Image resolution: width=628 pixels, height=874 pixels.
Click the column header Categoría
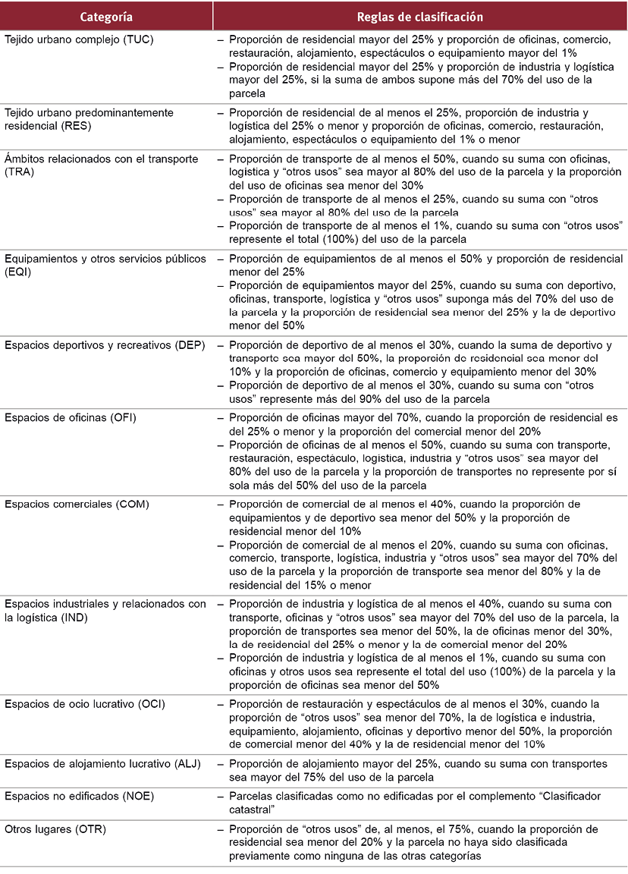coord(105,16)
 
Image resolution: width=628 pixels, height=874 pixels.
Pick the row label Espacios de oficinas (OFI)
coord(71,417)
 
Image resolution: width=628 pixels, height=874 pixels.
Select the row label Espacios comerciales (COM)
coord(77,505)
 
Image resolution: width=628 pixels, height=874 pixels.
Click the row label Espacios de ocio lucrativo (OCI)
coord(84,704)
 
